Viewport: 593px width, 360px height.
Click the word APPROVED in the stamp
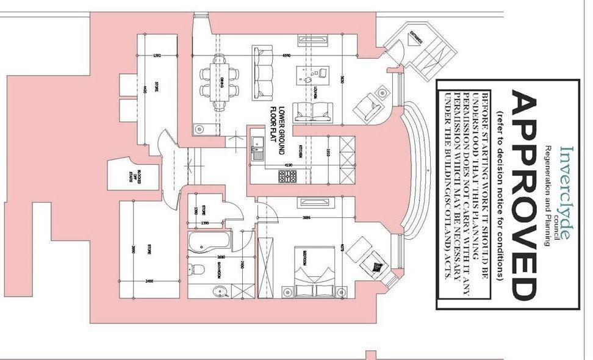(525, 195)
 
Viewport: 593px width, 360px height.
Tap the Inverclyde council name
(566, 192)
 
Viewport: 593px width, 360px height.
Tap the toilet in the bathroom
(198, 269)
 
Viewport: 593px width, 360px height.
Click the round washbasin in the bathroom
(220, 292)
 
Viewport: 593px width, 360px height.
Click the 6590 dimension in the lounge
(286, 56)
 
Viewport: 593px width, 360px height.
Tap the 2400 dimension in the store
(148, 281)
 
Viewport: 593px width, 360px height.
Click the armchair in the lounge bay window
(373, 106)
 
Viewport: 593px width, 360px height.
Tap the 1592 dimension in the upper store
(157, 56)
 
